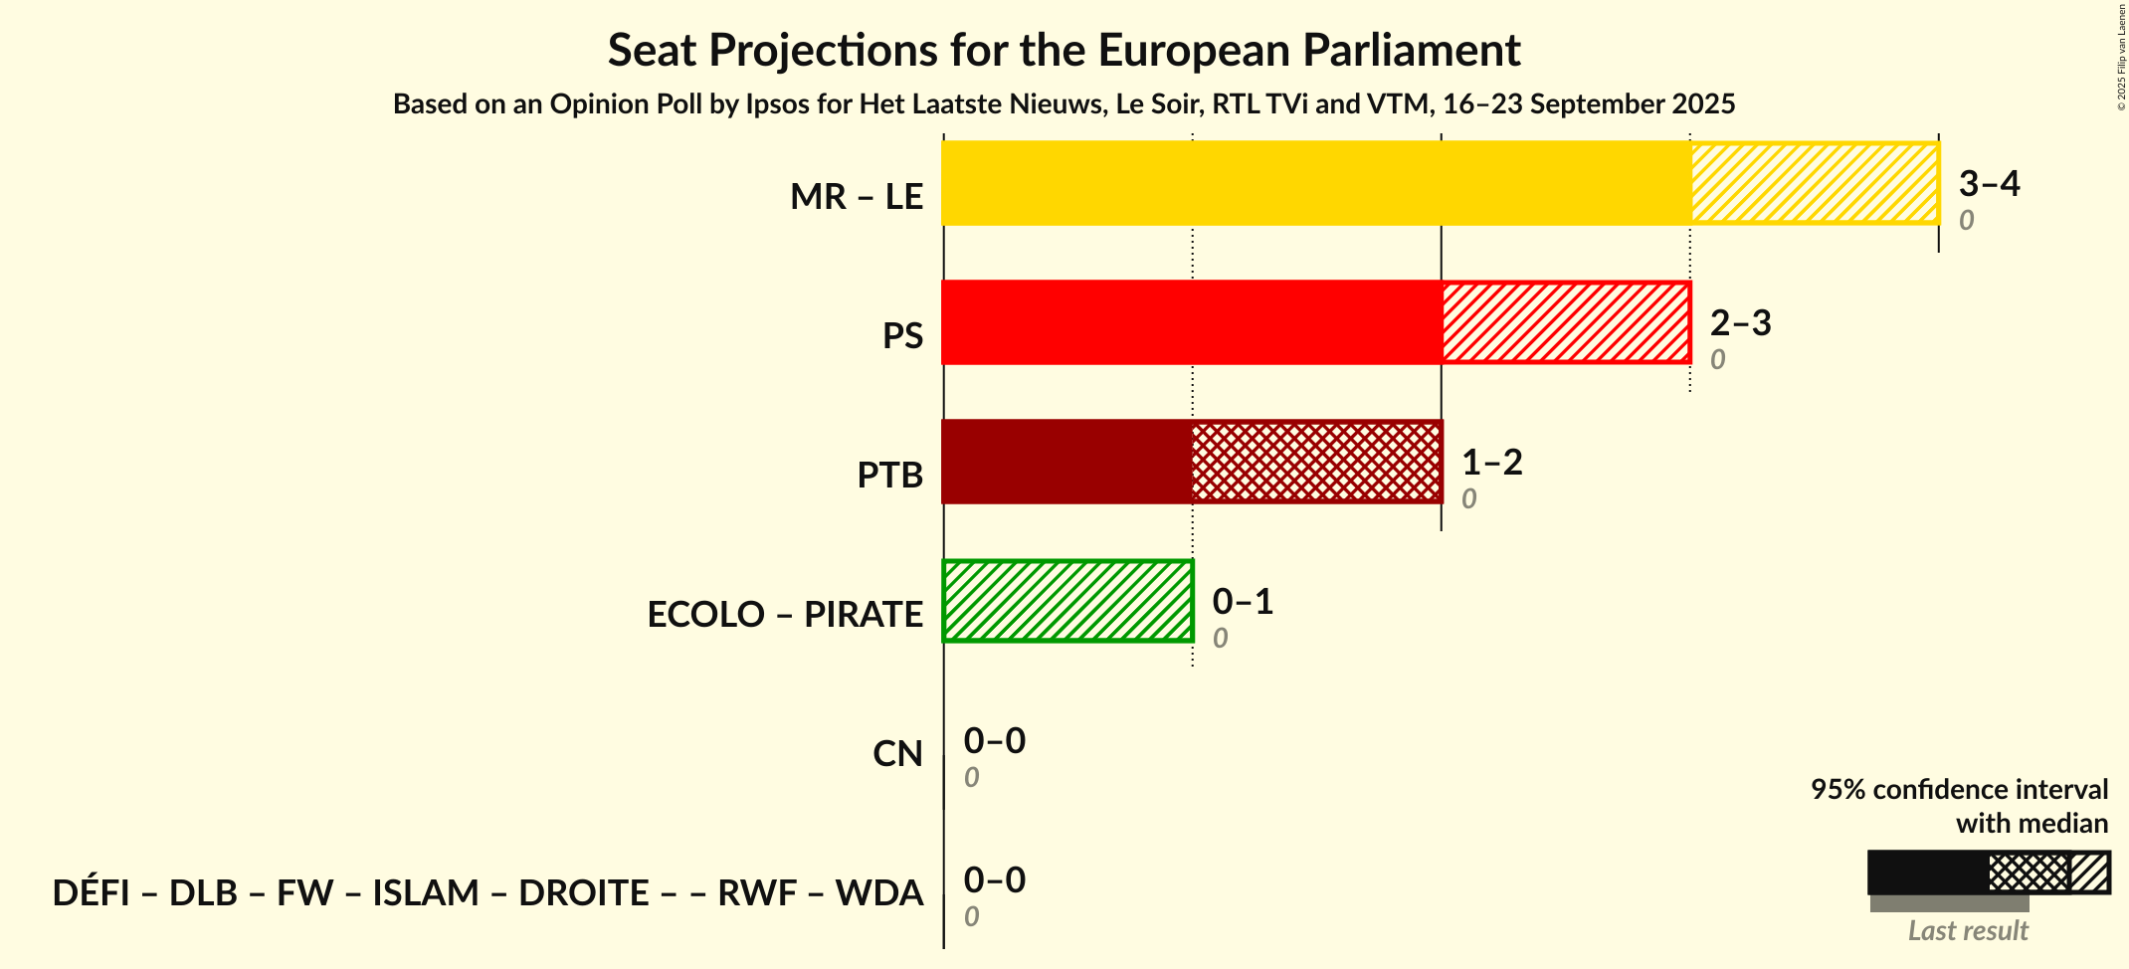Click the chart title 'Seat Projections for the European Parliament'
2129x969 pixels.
pos(1064,50)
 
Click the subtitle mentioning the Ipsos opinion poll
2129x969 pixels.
pos(1064,104)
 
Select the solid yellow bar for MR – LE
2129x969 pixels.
pos(1315,183)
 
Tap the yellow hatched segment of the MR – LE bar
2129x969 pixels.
pos(1814,183)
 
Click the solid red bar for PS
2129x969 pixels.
pos(1191,322)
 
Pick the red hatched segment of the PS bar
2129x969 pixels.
pos(1565,322)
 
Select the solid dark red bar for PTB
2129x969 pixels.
pos(1066,462)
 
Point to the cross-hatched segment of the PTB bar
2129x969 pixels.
pos(1315,462)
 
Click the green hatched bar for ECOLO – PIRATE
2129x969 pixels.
pos(1066,601)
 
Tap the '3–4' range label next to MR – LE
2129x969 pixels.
pos(1989,184)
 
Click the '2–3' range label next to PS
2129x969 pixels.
pos(1740,323)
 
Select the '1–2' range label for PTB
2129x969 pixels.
pos(1491,463)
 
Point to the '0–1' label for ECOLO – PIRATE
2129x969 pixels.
pos(1243,602)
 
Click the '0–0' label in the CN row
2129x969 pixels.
pos(994,741)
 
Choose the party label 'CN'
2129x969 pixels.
pos(897,754)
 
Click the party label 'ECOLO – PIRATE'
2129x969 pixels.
pos(784,615)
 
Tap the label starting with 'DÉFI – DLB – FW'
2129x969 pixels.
pos(486,893)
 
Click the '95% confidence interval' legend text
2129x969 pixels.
pos(1958,790)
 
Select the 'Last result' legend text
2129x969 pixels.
pos(1967,931)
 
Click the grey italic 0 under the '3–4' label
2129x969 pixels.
pos(1966,220)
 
